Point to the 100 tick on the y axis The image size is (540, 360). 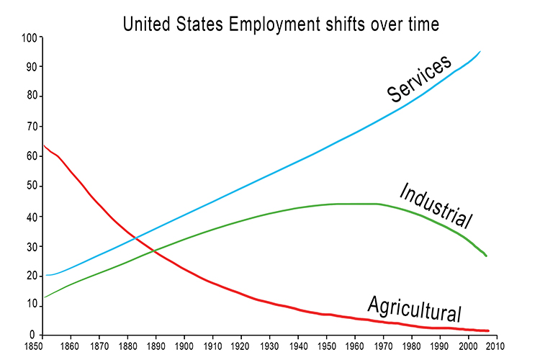pos(27,37)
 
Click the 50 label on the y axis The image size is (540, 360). pos(30,186)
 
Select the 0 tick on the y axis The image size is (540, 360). pos(33,335)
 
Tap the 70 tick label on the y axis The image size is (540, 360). pos(30,126)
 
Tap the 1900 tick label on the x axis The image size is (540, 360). pos(185,343)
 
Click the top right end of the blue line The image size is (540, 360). pos(480,52)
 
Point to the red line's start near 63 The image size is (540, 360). pos(44,146)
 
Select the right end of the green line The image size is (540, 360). pos(487,256)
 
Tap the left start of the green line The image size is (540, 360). pos(44,297)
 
